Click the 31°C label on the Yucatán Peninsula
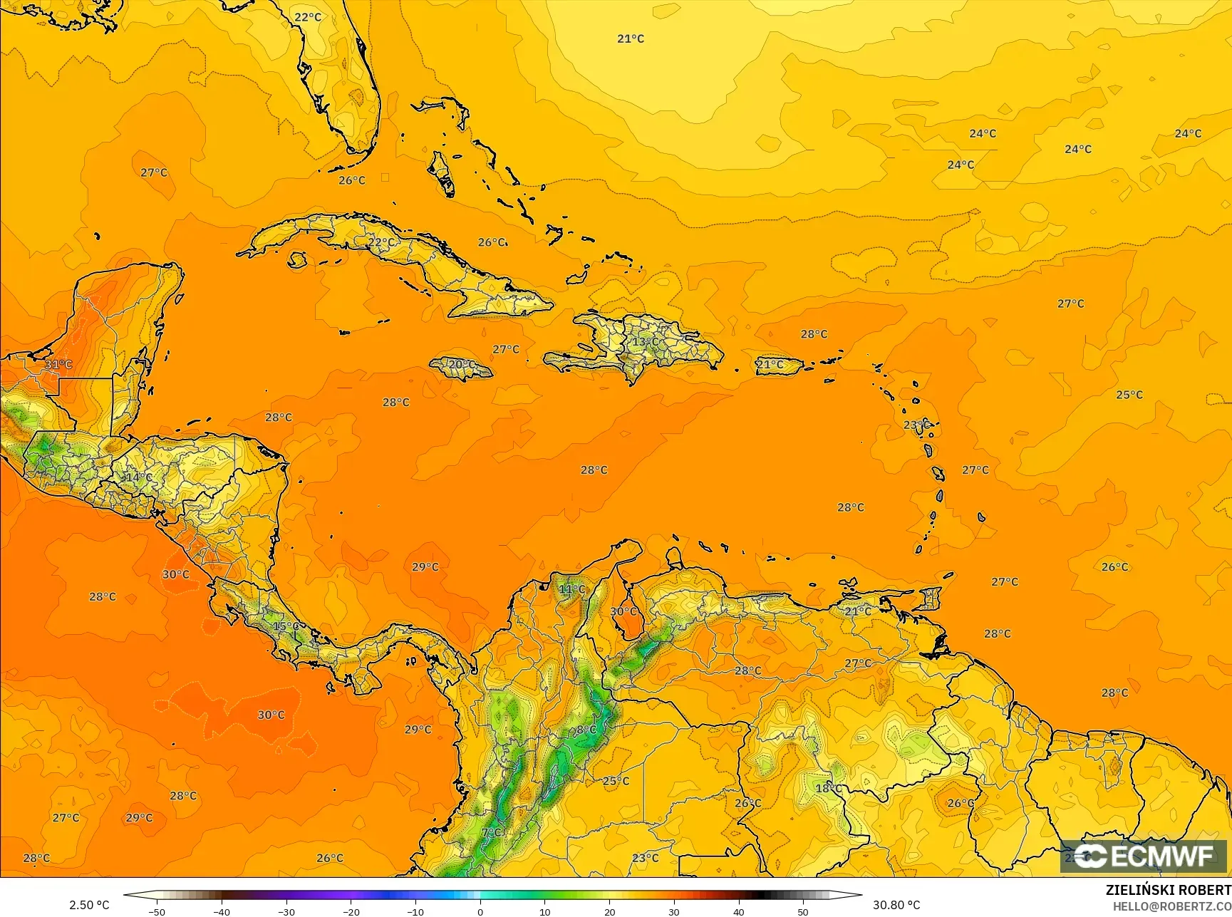(x=58, y=365)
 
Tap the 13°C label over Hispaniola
(x=646, y=342)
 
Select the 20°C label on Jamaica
(x=461, y=365)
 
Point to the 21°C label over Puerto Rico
(x=770, y=365)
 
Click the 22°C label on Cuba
(x=381, y=242)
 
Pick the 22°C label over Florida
(x=308, y=17)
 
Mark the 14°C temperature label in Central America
(x=138, y=477)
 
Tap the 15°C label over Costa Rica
(x=286, y=626)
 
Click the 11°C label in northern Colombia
(x=571, y=589)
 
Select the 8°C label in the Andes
(x=586, y=730)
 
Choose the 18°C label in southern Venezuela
(x=829, y=788)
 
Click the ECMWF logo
(x=1144, y=856)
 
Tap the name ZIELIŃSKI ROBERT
(x=1168, y=891)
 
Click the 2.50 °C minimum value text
(x=89, y=905)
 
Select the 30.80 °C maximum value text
(x=896, y=905)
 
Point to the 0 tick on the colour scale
(x=480, y=912)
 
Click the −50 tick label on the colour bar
(x=156, y=912)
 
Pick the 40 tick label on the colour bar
(x=738, y=912)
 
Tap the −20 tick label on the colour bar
(x=351, y=912)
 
